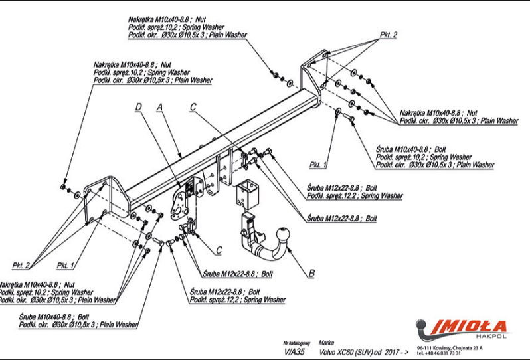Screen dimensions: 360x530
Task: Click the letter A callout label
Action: pyautogui.click(x=159, y=106)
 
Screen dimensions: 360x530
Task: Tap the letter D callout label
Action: pyautogui.click(x=138, y=106)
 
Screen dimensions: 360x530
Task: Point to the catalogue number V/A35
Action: pyautogui.click(x=293, y=352)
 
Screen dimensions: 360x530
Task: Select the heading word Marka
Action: pyautogui.click(x=327, y=342)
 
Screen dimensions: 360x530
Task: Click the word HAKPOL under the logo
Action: pyautogui.click(x=493, y=337)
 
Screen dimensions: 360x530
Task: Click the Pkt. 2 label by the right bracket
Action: pyautogui.click(x=389, y=34)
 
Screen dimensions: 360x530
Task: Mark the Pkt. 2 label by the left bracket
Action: pyautogui.click(x=21, y=265)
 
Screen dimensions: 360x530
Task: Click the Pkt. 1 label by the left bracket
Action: pyautogui.click(x=65, y=265)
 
